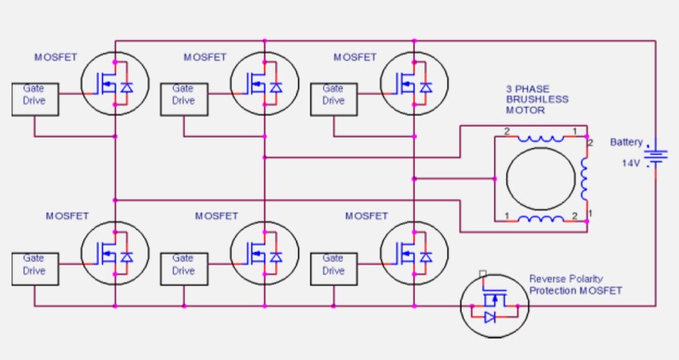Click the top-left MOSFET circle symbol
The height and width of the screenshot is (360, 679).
pyautogui.click(x=115, y=83)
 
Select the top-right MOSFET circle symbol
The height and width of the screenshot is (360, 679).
pyautogui.click(x=414, y=83)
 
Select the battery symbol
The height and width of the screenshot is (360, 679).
pyautogui.click(x=656, y=156)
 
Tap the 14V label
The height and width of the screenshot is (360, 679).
pyautogui.click(x=630, y=163)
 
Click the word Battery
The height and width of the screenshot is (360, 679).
pyautogui.click(x=626, y=143)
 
